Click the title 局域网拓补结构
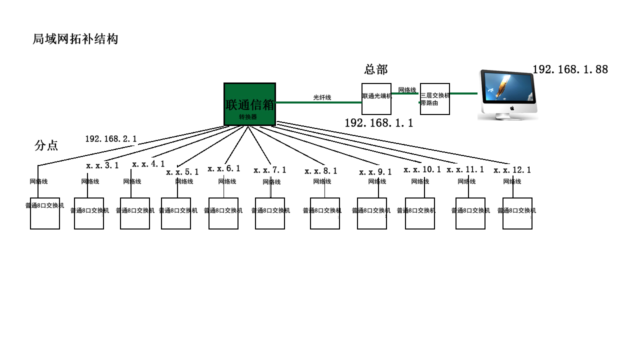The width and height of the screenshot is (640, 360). (75, 39)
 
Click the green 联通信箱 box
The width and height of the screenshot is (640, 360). (249, 104)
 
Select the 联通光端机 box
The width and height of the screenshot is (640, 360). (376, 98)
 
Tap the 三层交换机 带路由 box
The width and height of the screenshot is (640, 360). (434, 99)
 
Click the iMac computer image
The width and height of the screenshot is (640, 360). (507, 94)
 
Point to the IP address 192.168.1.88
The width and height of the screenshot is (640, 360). (570, 69)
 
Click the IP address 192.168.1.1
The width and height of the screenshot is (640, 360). (378, 123)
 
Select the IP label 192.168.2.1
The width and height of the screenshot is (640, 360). (111, 139)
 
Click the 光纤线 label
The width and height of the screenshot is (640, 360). (322, 97)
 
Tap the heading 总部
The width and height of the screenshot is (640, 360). (376, 69)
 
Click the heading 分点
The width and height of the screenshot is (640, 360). (46, 145)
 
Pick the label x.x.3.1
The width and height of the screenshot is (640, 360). (102, 165)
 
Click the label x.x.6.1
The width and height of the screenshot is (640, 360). (224, 169)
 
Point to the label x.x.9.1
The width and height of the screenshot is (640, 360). (375, 172)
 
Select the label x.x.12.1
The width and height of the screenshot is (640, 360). (512, 170)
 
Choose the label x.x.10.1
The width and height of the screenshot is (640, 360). (422, 170)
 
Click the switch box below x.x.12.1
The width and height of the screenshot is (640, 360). (517, 213)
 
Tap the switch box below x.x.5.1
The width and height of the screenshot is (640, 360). (176, 213)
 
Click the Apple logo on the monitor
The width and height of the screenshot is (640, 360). (512, 108)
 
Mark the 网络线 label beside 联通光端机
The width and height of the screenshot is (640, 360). (407, 90)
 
